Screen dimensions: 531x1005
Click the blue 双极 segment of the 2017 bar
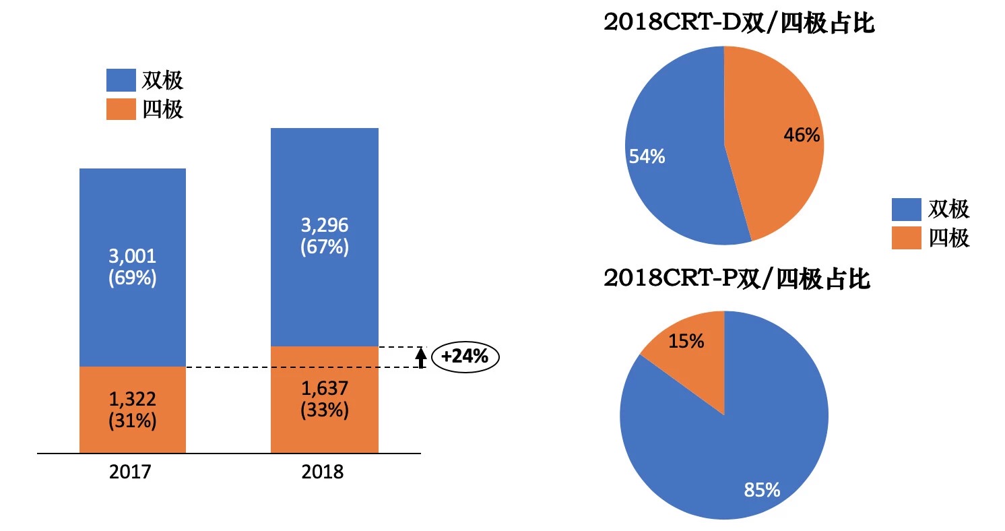coord(133,222)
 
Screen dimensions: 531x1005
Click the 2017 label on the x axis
coord(130,472)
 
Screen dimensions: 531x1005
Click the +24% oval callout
coord(465,356)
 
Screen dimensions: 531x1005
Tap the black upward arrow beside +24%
coord(421,357)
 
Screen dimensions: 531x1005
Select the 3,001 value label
coord(133,256)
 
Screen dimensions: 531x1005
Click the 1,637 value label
coord(324,389)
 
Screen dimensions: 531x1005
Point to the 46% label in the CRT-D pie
coord(802,135)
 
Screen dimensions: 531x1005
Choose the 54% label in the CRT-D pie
coord(647,157)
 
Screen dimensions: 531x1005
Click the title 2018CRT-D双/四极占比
coord(739,24)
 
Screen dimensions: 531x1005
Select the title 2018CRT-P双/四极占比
coord(738,278)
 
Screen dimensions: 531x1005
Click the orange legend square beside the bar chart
coord(121,109)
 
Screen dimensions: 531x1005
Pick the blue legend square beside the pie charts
coord(906,210)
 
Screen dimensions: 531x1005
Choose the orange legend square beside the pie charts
coord(906,238)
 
